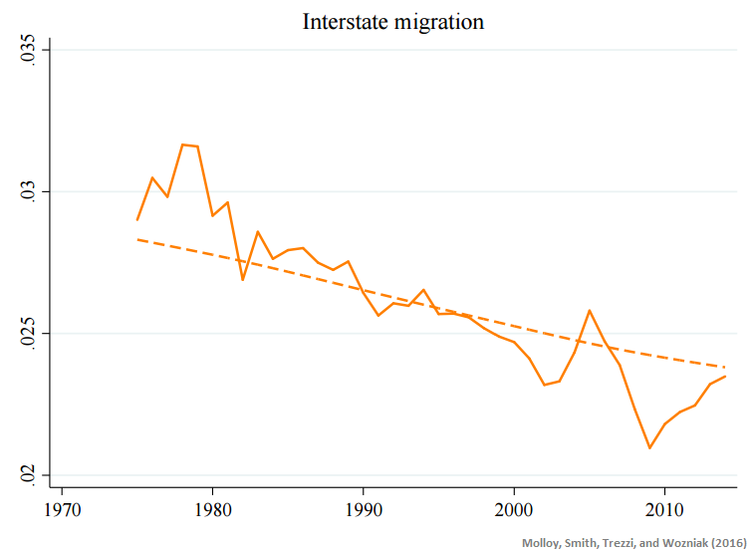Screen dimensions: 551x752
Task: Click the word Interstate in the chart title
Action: (x=345, y=21)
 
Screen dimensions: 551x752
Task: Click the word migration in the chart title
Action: (x=436, y=22)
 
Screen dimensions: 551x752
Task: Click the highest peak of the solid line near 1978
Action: (x=183, y=144)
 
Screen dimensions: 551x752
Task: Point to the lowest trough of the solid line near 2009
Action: (x=649, y=448)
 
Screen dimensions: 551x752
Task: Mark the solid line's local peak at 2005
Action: (x=590, y=310)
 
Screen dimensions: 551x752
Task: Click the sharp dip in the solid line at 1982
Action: (x=243, y=280)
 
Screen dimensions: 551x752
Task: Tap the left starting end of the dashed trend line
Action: (x=137, y=239)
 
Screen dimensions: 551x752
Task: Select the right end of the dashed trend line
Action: (x=725, y=367)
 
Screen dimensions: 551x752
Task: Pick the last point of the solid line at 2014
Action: (x=725, y=376)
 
